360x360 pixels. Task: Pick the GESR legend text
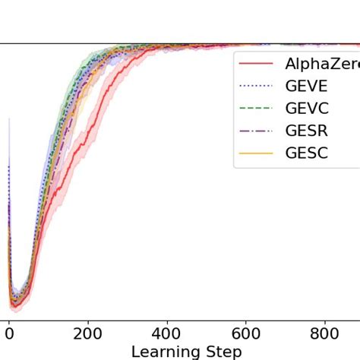point(307,131)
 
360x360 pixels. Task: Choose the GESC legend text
point(307,153)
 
